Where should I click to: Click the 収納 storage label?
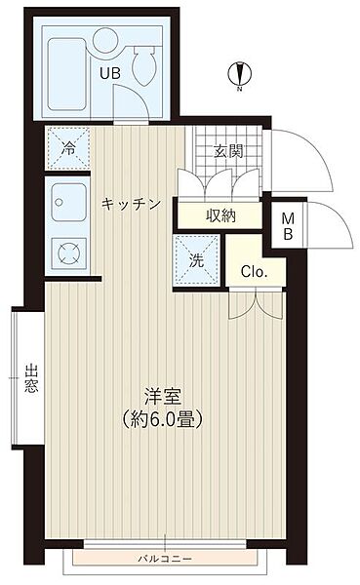tap(220, 214)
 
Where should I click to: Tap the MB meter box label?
tap(288, 226)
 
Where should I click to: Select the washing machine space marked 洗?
tap(194, 261)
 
